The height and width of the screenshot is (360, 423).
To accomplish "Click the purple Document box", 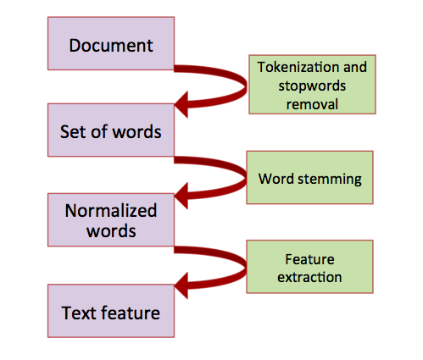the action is [111, 43].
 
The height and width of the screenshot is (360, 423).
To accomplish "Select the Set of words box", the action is [111, 130].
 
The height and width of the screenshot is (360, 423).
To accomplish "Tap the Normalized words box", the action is [111, 220].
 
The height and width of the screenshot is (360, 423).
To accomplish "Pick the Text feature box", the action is [111, 311].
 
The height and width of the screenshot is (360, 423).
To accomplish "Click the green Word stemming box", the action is [310, 177].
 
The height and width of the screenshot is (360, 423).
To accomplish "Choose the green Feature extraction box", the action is [310, 267].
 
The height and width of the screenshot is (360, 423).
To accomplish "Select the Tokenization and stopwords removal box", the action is [312, 85].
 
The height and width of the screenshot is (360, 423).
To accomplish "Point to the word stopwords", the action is [312, 86].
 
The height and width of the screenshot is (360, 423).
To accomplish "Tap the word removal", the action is [312, 104].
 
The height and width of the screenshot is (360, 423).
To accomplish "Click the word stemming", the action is [330, 180].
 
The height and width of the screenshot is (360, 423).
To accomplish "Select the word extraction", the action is [309, 277].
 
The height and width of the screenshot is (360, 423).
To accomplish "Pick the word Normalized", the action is [111, 211].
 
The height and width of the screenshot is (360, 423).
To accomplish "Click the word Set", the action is [72, 131].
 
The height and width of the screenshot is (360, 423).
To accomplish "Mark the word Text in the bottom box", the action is [79, 313].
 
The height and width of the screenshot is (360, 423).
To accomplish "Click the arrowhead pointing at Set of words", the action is [181, 104].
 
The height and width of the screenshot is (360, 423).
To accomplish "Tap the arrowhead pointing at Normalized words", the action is [181, 196].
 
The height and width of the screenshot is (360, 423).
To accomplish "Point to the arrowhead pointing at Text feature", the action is [181, 285].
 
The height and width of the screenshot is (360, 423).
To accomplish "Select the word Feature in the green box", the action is [309, 259].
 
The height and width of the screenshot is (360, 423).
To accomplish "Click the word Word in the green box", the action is [276, 179].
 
